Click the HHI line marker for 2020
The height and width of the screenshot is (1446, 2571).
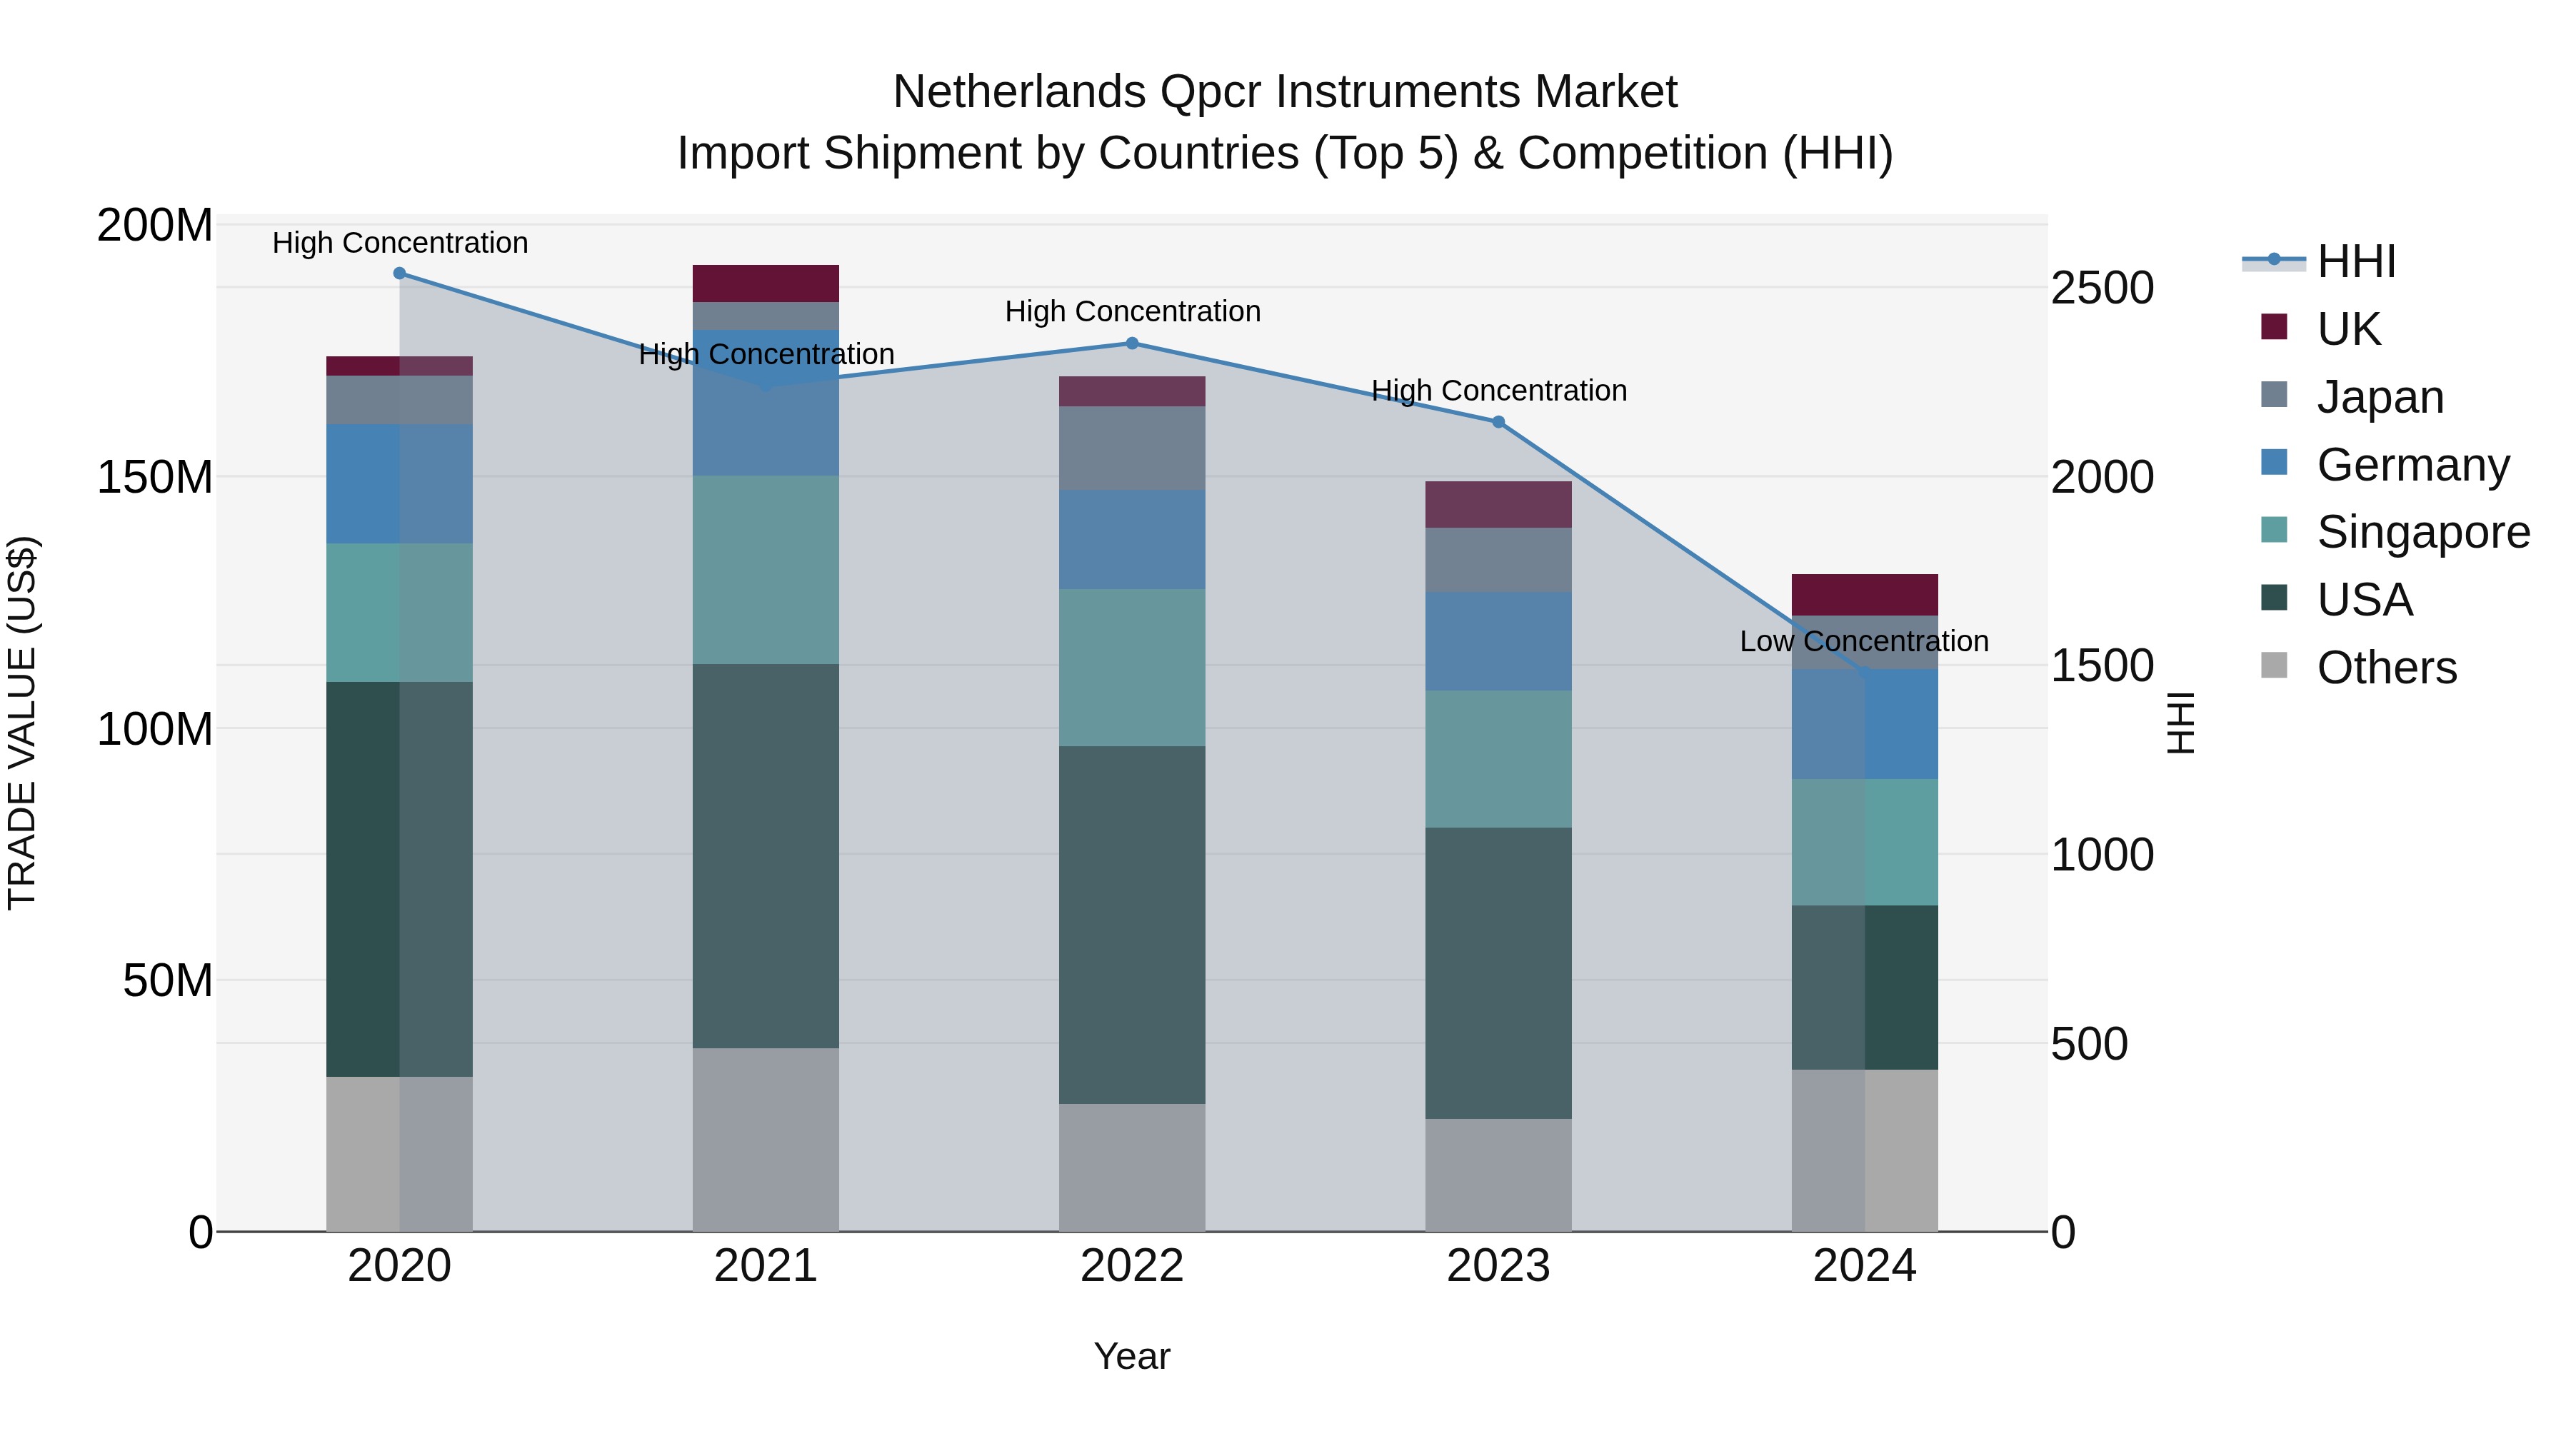coord(399,273)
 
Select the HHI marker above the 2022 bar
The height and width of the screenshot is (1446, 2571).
coord(1132,343)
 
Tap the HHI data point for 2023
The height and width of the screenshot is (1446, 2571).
coord(1498,422)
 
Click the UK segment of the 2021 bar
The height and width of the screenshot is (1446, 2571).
coord(766,283)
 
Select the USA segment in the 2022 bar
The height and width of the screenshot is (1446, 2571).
coord(1132,924)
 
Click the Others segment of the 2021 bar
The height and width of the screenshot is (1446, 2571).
coord(766,1139)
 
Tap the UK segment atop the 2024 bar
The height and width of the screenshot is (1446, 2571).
coord(1865,595)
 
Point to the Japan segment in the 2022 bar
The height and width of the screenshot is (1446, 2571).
coord(1132,448)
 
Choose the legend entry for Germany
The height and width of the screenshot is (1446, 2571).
coord(2412,465)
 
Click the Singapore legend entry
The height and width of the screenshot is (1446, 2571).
coord(2422,532)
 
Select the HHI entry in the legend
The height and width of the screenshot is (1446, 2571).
coord(2355,261)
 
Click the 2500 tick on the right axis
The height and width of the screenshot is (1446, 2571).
coord(2102,288)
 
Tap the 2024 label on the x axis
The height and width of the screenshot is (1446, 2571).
coord(1865,1266)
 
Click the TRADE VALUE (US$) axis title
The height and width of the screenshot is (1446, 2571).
coord(22,723)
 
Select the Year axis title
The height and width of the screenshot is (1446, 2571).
coord(1132,1356)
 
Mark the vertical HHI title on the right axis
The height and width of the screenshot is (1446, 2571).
coord(2182,723)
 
